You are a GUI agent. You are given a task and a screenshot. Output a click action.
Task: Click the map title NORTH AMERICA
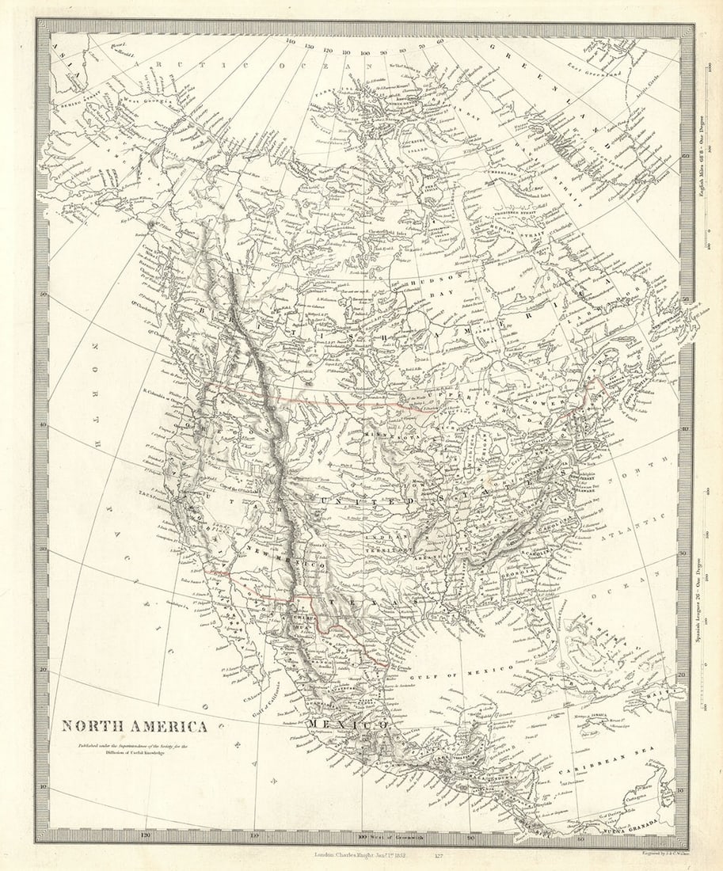click(135, 726)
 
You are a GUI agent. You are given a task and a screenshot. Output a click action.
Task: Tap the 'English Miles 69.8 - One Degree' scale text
click(700, 171)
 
